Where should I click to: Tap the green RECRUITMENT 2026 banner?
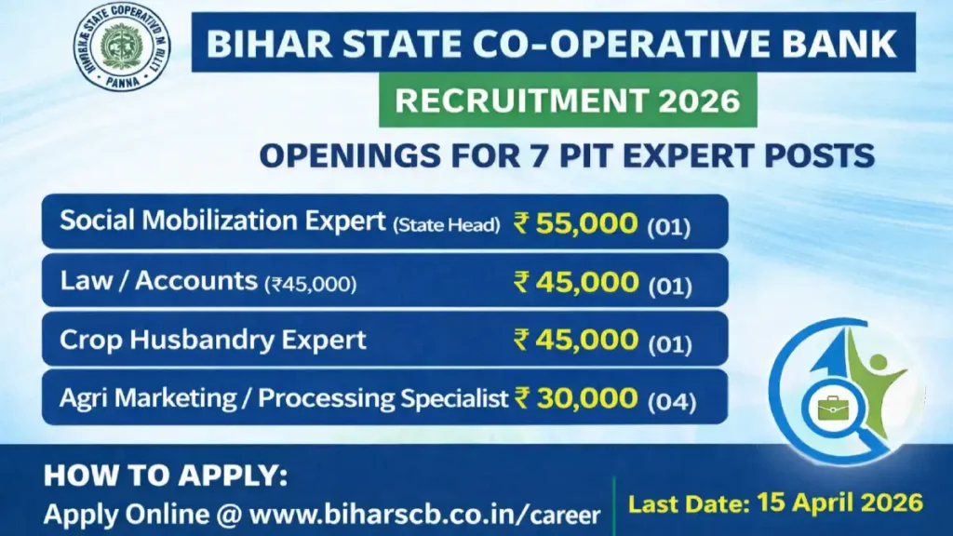568,100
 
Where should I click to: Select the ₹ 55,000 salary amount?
576,223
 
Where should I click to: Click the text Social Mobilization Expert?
221,222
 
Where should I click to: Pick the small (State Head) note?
446,224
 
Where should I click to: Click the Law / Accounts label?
158,281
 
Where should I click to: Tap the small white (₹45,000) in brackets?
310,284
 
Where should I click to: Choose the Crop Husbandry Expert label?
213,340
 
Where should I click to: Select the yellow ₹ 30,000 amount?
576,398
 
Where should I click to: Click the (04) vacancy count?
671,401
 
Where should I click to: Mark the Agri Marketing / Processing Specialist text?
285,398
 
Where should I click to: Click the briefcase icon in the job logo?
826,408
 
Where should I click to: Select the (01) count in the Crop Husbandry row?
671,342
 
